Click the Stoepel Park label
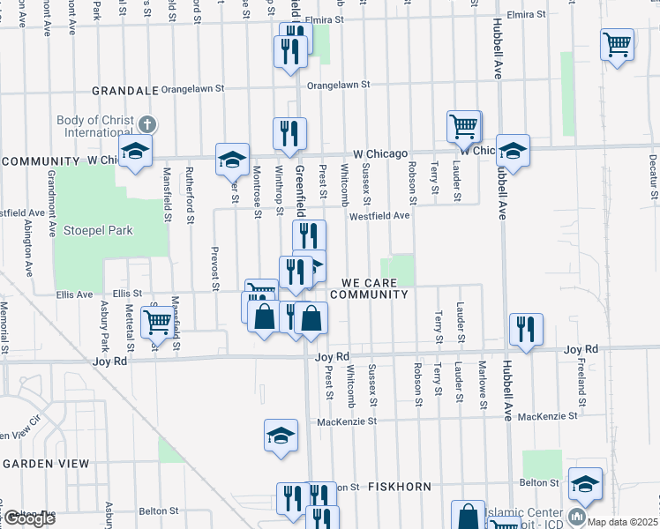point(97,231)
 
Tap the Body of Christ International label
point(94,126)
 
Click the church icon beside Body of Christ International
point(146,125)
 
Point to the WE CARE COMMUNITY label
point(371,287)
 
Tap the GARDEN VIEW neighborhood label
point(45,463)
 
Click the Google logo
point(28,518)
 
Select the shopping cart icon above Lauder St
point(463,126)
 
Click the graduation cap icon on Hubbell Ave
point(512,150)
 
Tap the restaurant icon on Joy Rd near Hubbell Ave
point(527,329)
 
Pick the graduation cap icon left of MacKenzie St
point(281,435)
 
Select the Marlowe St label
point(483,379)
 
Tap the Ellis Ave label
point(74,294)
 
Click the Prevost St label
point(214,268)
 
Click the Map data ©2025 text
point(622,520)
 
